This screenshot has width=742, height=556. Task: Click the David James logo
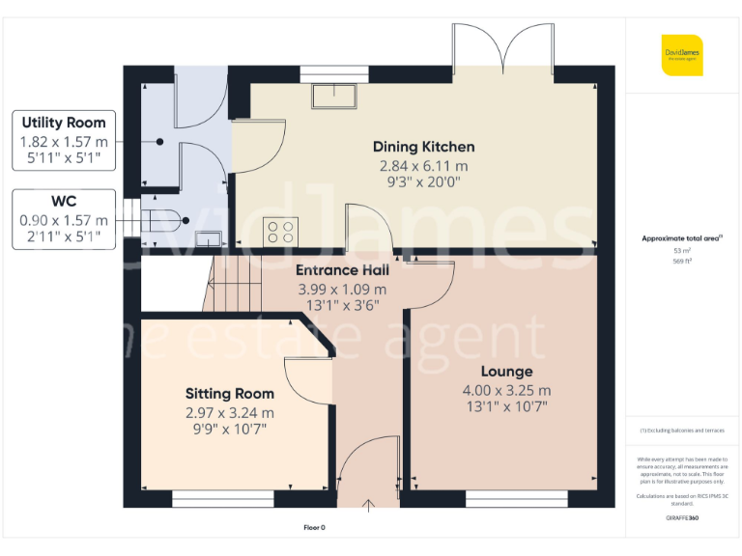682,55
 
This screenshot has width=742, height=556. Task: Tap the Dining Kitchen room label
424,147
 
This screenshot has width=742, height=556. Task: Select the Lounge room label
507,372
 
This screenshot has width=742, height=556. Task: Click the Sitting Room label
230,394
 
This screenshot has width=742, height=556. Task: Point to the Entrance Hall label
342,270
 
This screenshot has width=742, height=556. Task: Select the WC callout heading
64,202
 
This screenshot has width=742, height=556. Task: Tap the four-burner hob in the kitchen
281,232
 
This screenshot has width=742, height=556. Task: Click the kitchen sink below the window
334,93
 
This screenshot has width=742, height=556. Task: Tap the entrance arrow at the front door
368,503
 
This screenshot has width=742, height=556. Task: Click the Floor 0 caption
315,528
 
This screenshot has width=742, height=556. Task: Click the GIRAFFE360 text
682,518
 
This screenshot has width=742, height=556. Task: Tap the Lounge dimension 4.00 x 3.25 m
507,390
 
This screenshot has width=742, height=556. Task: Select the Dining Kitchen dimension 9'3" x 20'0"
424,181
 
